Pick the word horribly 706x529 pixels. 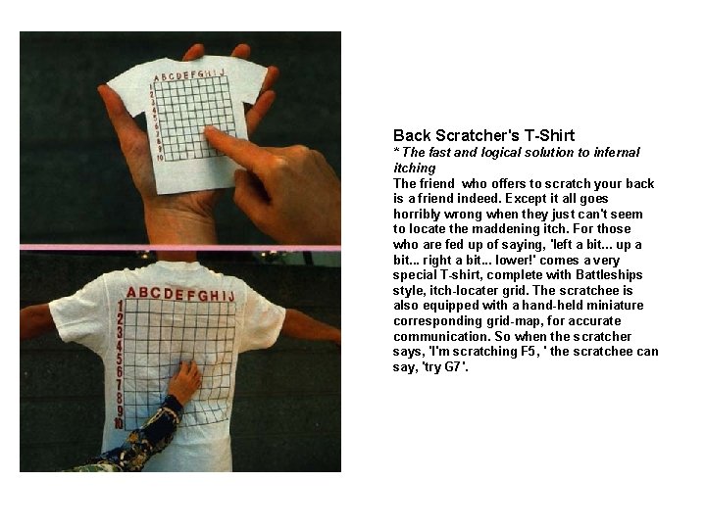coord(416,214)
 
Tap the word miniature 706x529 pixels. coord(616,305)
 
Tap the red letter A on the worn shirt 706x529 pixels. coord(131,292)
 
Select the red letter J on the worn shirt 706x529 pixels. coord(230,296)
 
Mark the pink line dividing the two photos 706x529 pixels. coord(180,247)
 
